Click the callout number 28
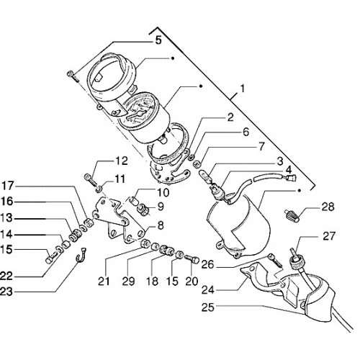click(x=328, y=207)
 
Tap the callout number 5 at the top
click(x=158, y=40)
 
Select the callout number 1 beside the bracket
click(x=243, y=89)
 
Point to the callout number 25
click(x=208, y=307)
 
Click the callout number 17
click(x=8, y=186)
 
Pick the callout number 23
click(x=6, y=292)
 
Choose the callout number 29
click(x=128, y=281)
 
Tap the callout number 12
click(x=121, y=161)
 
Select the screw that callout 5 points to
click(x=73, y=76)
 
